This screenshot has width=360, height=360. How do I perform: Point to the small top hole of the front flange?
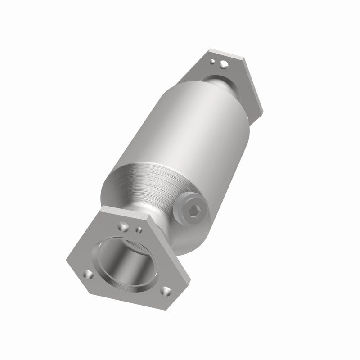(139, 229)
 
